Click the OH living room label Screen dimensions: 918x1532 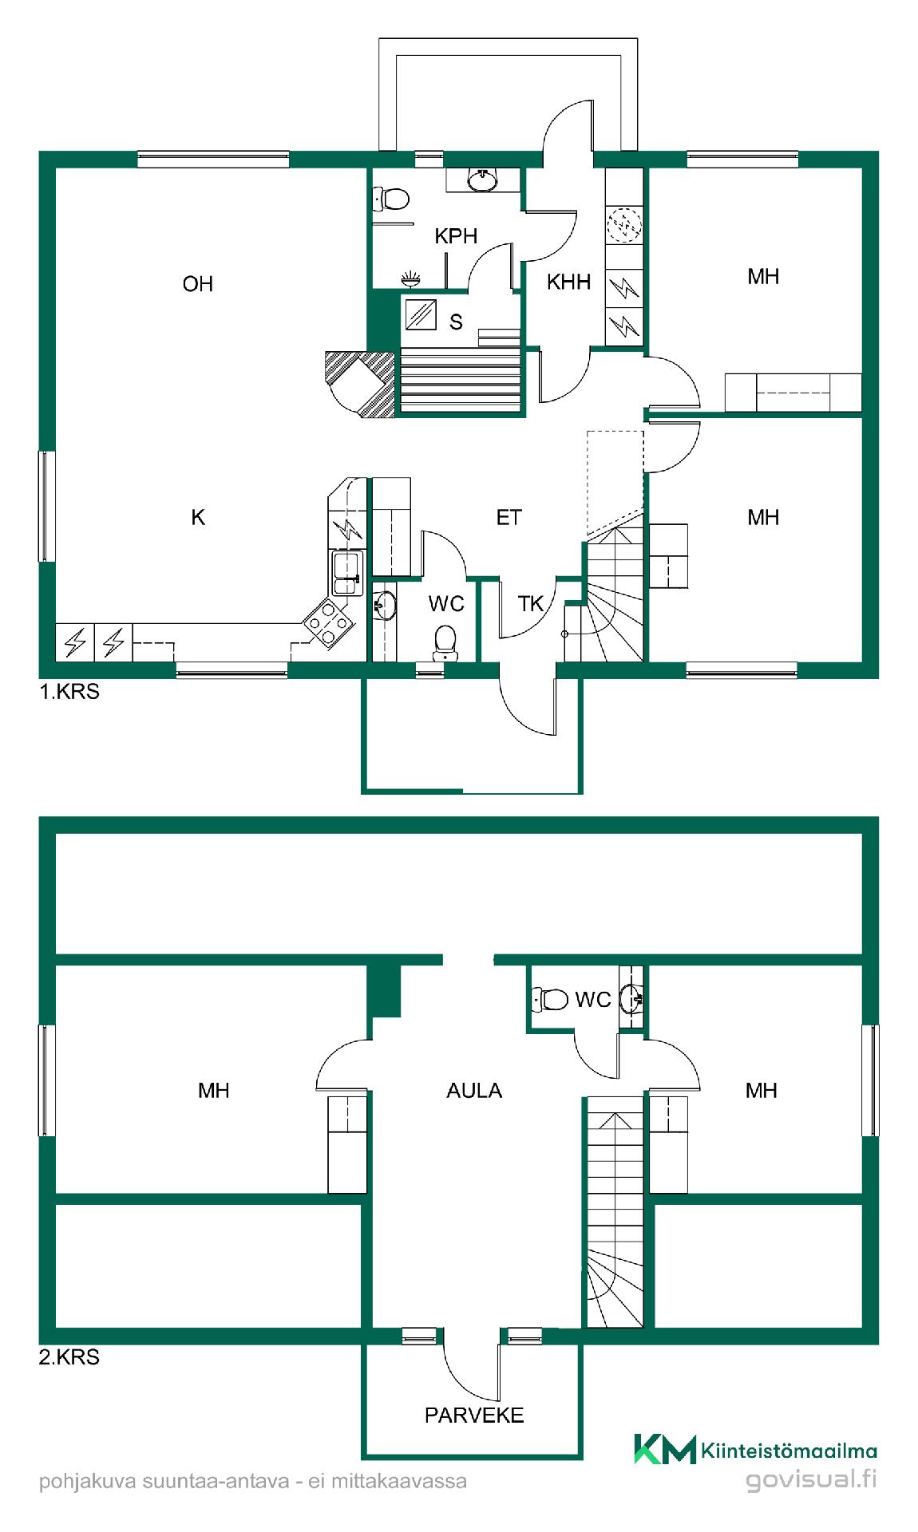point(198,284)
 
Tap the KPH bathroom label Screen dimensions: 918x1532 point(456,236)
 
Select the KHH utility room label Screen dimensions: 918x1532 point(568,282)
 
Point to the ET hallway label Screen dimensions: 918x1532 point(508,518)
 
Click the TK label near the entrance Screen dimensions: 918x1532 point(530,604)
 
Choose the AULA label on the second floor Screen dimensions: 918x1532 point(474,1091)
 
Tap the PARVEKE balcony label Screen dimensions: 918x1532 point(474,1416)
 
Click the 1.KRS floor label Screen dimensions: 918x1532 point(69,692)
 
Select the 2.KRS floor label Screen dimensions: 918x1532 point(69,1357)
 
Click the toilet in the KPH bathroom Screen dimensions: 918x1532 point(391,198)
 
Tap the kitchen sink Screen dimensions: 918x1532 point(347,573)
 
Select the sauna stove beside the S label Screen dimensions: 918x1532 point(421,314)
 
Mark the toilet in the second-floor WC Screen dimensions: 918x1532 point(549,998)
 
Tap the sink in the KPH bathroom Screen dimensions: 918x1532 point(482,181)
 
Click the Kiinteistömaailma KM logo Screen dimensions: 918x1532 point(664,1450)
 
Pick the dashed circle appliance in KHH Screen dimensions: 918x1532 point(624,224)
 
